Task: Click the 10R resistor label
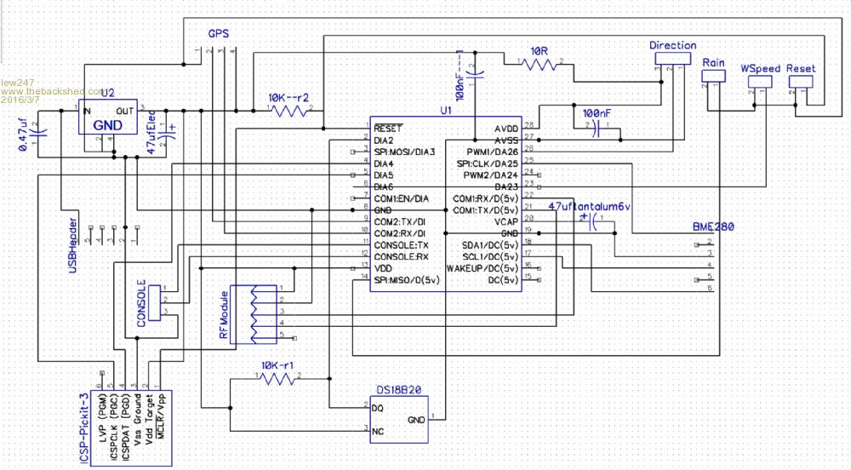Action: [538, 52]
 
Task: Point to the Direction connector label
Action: [672, 45]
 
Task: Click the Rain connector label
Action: [713, 63]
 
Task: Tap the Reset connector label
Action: [801, 67]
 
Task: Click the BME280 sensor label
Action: [713, 227]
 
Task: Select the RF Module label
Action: [225, 315]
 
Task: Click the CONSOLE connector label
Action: [141, 302]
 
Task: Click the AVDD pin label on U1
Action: [505, 127]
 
